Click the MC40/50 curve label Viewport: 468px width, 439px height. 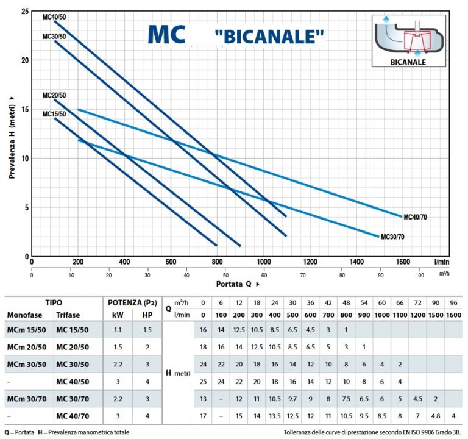click(x=54, y=16)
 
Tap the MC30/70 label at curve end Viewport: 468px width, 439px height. click(x=393, y=237)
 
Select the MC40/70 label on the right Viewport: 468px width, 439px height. click(x=415, y=216)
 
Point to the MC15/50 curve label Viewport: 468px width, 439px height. click(x=54, y=113)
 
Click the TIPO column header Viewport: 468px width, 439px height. click(x=54, y=302)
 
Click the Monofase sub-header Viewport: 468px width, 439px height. click(x=25, y=315)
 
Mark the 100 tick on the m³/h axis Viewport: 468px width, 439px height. click(x=419, y=275)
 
